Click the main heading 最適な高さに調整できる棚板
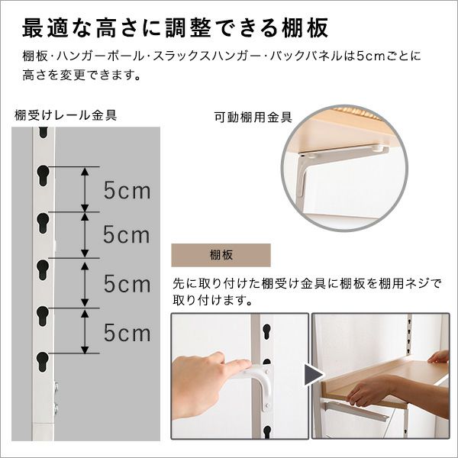click(x=176, y=28)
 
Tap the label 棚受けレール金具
click(x=66, y=115)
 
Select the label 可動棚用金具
click(x=253, y=117)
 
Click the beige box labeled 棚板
click(x=221, y=255)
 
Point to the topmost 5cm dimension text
click(x=127, y=190)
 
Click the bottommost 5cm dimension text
click(x=127, y=333)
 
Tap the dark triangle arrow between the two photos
click(x=313, y=375)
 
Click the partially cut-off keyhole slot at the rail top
click(x=44, y=132)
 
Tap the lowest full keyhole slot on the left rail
click(x=43, y=362)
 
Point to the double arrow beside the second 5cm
click(x=85, y=235)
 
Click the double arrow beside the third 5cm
click(x=85, y=283)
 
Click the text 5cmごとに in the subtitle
click(x=389, y=56)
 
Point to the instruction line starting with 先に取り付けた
click(x=307, y=283)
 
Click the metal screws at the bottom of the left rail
click(x=56, y=397)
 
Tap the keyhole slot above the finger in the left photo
click(x=266, y=331)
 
